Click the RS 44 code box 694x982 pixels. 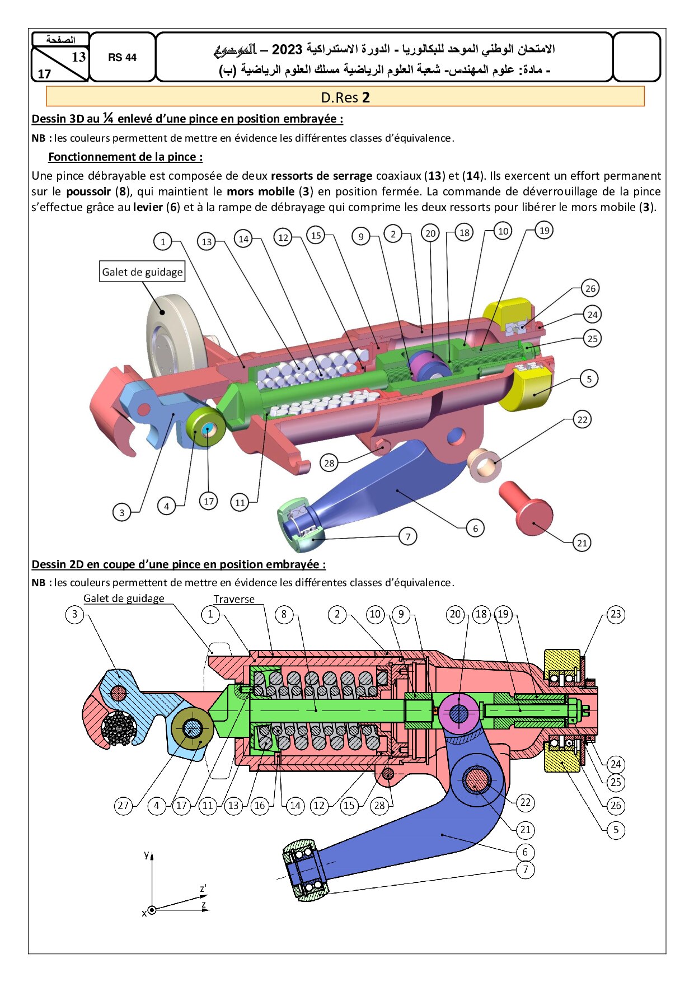(122, 57)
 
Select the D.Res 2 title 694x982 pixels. (345, 97)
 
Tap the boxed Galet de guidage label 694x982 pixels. (142, 272)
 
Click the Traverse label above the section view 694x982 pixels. (234, 599)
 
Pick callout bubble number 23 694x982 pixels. (616, 614)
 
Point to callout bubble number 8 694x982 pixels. (284, 614)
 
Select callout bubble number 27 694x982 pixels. (123, 806)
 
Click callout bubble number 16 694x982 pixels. (260, 806)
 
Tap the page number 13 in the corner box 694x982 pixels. (78, 57)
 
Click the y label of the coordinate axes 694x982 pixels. (147, 854)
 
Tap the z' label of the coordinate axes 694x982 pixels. (203, 889)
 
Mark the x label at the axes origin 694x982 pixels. (144, 913)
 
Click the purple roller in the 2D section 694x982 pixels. (458, 713)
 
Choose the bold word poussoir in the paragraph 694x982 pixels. (88, 191)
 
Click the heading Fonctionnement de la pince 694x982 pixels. (125, 157)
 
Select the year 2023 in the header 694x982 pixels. (287, 49)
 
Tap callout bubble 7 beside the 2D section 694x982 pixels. (525, 869)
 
